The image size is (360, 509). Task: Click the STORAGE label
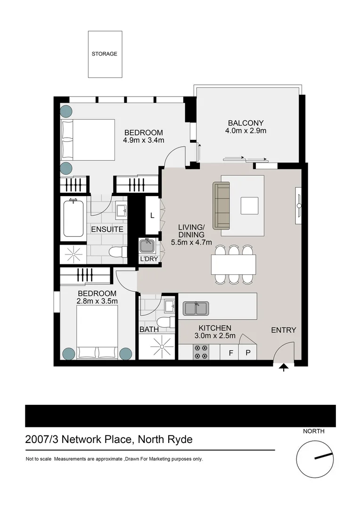(x=104, y=54)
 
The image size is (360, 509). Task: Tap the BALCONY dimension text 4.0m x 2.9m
(x=246, y=131)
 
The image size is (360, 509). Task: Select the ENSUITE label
(x=107, y=230)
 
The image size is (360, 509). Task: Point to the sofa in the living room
(x=221, y=205)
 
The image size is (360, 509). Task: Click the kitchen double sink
(x=196, y=308)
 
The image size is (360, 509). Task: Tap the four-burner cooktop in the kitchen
(x=201, y=352)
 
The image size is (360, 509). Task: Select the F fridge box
(x=231, y=352)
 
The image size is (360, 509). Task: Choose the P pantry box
(x=248, y=352)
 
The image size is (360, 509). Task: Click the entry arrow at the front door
(x=284, y=368)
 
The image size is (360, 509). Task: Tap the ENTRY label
(x=284, y=330)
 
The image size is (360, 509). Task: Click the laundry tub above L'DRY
(x=147, y=246)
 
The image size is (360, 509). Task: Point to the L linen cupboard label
(x=152, y=215)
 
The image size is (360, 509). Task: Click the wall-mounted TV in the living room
(x=299, y=205)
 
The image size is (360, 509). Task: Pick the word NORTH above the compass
(x=313, y=431)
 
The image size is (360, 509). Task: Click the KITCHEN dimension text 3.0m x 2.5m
(x=215, y=336)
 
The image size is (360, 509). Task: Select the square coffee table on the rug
(x=250, y=206)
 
